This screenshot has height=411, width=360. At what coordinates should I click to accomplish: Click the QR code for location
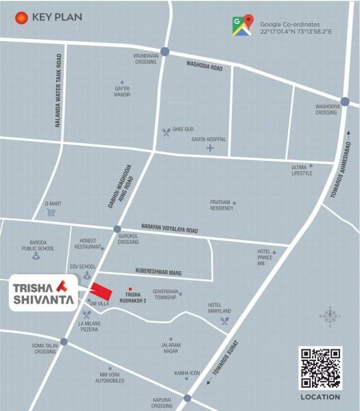320,368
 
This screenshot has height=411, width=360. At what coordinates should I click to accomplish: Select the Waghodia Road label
205,66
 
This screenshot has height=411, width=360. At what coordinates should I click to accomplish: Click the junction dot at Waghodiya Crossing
345,101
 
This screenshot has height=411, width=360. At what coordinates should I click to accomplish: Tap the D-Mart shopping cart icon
51,212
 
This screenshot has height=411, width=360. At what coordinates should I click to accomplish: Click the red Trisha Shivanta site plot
100,292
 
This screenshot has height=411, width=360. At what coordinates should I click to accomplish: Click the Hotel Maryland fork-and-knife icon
224,319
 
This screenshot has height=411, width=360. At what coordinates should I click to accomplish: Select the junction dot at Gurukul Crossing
117,229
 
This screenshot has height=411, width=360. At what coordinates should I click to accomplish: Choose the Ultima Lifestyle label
302,170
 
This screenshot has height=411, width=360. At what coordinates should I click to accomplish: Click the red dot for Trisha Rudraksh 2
130,288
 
